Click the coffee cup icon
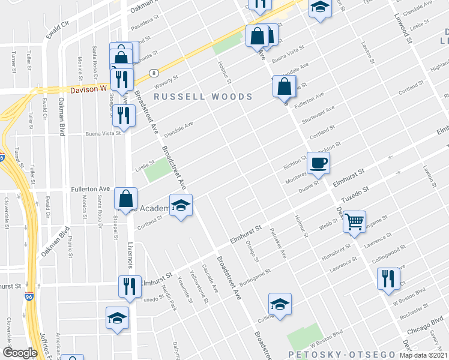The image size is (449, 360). pos(318,162)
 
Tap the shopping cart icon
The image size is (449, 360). pos(354,221)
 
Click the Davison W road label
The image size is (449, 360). pos(88,88)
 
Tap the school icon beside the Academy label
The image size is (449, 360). pos(181,206)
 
